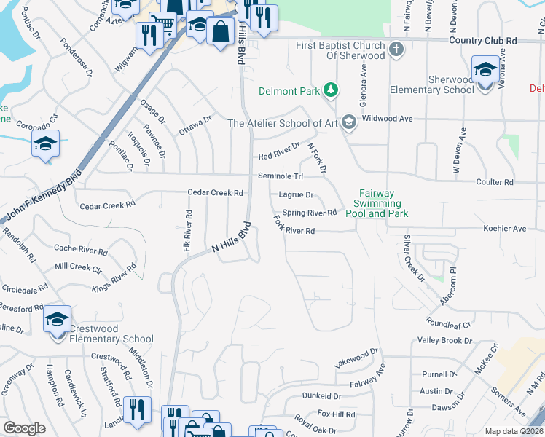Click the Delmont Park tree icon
(332, 90)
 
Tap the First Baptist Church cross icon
(396, 50)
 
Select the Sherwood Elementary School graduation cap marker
(485, 69)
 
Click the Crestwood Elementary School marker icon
(57, 320)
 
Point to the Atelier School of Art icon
(348, 122)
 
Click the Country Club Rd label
(482, 40)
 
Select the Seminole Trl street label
(280, 176)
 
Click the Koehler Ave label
(504, 229)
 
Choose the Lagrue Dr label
(296, 195)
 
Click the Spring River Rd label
(309, 213)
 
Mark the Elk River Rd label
(188, 232)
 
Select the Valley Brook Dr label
(445, 341)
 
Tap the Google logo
(24, 428)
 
